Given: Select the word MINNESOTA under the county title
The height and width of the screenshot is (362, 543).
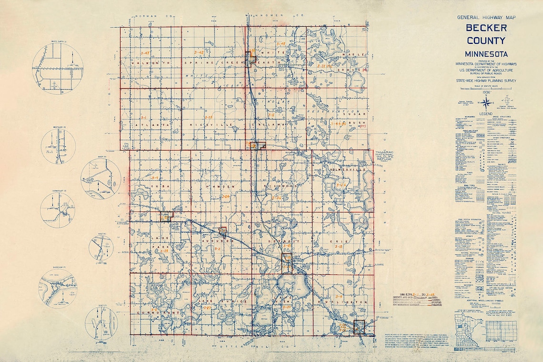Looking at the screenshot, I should coord(486,54).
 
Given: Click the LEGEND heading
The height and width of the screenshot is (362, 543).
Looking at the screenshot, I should coord(486,114).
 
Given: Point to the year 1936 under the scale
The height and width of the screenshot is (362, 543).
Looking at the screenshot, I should coord(486,92).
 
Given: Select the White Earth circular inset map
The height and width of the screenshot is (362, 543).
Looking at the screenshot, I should coord(58,68).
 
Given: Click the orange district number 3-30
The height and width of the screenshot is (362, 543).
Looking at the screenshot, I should coord(287,307).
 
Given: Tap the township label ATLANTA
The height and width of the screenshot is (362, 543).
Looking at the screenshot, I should coord(146,125).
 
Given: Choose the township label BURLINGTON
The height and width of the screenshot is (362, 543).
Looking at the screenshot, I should coord(347,302).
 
